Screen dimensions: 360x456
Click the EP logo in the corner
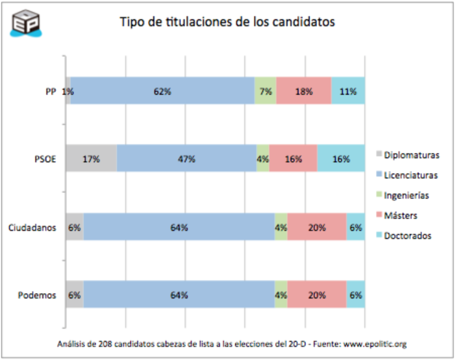26,22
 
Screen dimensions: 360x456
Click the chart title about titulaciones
227,22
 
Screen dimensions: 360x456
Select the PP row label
50,91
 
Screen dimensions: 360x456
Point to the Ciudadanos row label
32,227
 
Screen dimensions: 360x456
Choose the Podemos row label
37,295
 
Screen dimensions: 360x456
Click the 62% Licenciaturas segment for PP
162,91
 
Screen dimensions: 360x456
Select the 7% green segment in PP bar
265,91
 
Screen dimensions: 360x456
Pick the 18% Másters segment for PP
304,91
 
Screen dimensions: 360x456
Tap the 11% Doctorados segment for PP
348,91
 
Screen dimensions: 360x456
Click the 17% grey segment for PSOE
91,159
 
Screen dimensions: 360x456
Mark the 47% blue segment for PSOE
187,159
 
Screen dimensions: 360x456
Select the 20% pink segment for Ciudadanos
317,227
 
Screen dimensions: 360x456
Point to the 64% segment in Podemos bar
179,295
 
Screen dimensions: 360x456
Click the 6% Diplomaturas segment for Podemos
75,295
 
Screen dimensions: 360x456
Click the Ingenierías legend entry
406,195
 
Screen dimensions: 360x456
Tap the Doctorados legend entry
407,235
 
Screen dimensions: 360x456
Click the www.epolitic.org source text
375,344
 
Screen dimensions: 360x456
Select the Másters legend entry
400,215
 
